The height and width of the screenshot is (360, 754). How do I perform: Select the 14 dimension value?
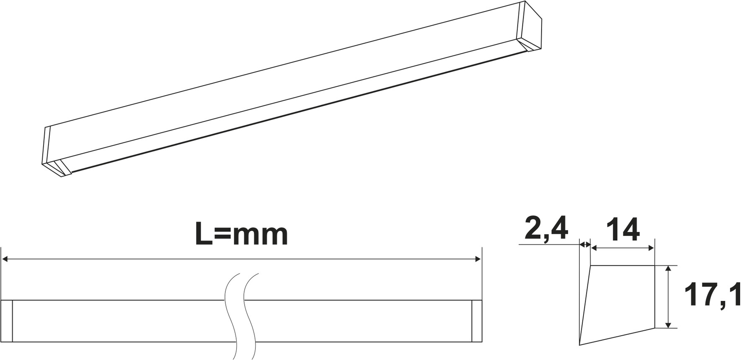[x=623, y=230]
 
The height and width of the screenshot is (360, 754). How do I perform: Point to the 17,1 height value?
[x=713, y=295]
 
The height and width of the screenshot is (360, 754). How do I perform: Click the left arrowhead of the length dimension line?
[x=5, y=260]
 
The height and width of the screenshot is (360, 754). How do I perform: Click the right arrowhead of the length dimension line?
[x=478, y=260]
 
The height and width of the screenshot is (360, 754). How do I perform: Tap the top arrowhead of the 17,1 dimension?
[x=669, y=268]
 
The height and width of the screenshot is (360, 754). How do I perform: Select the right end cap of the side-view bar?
[x=477, y=321]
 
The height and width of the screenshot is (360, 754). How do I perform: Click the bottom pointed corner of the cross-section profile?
[x=580, y=344]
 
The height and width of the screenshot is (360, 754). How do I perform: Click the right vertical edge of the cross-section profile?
[x=654, y=296]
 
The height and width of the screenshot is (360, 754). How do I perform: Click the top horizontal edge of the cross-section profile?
[x=622, y=265]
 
